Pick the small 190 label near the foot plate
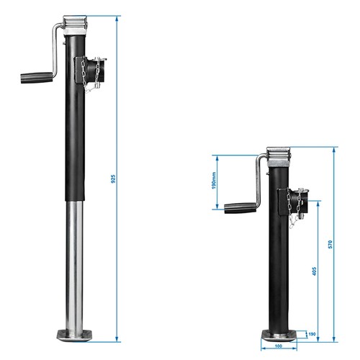(311, 333)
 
